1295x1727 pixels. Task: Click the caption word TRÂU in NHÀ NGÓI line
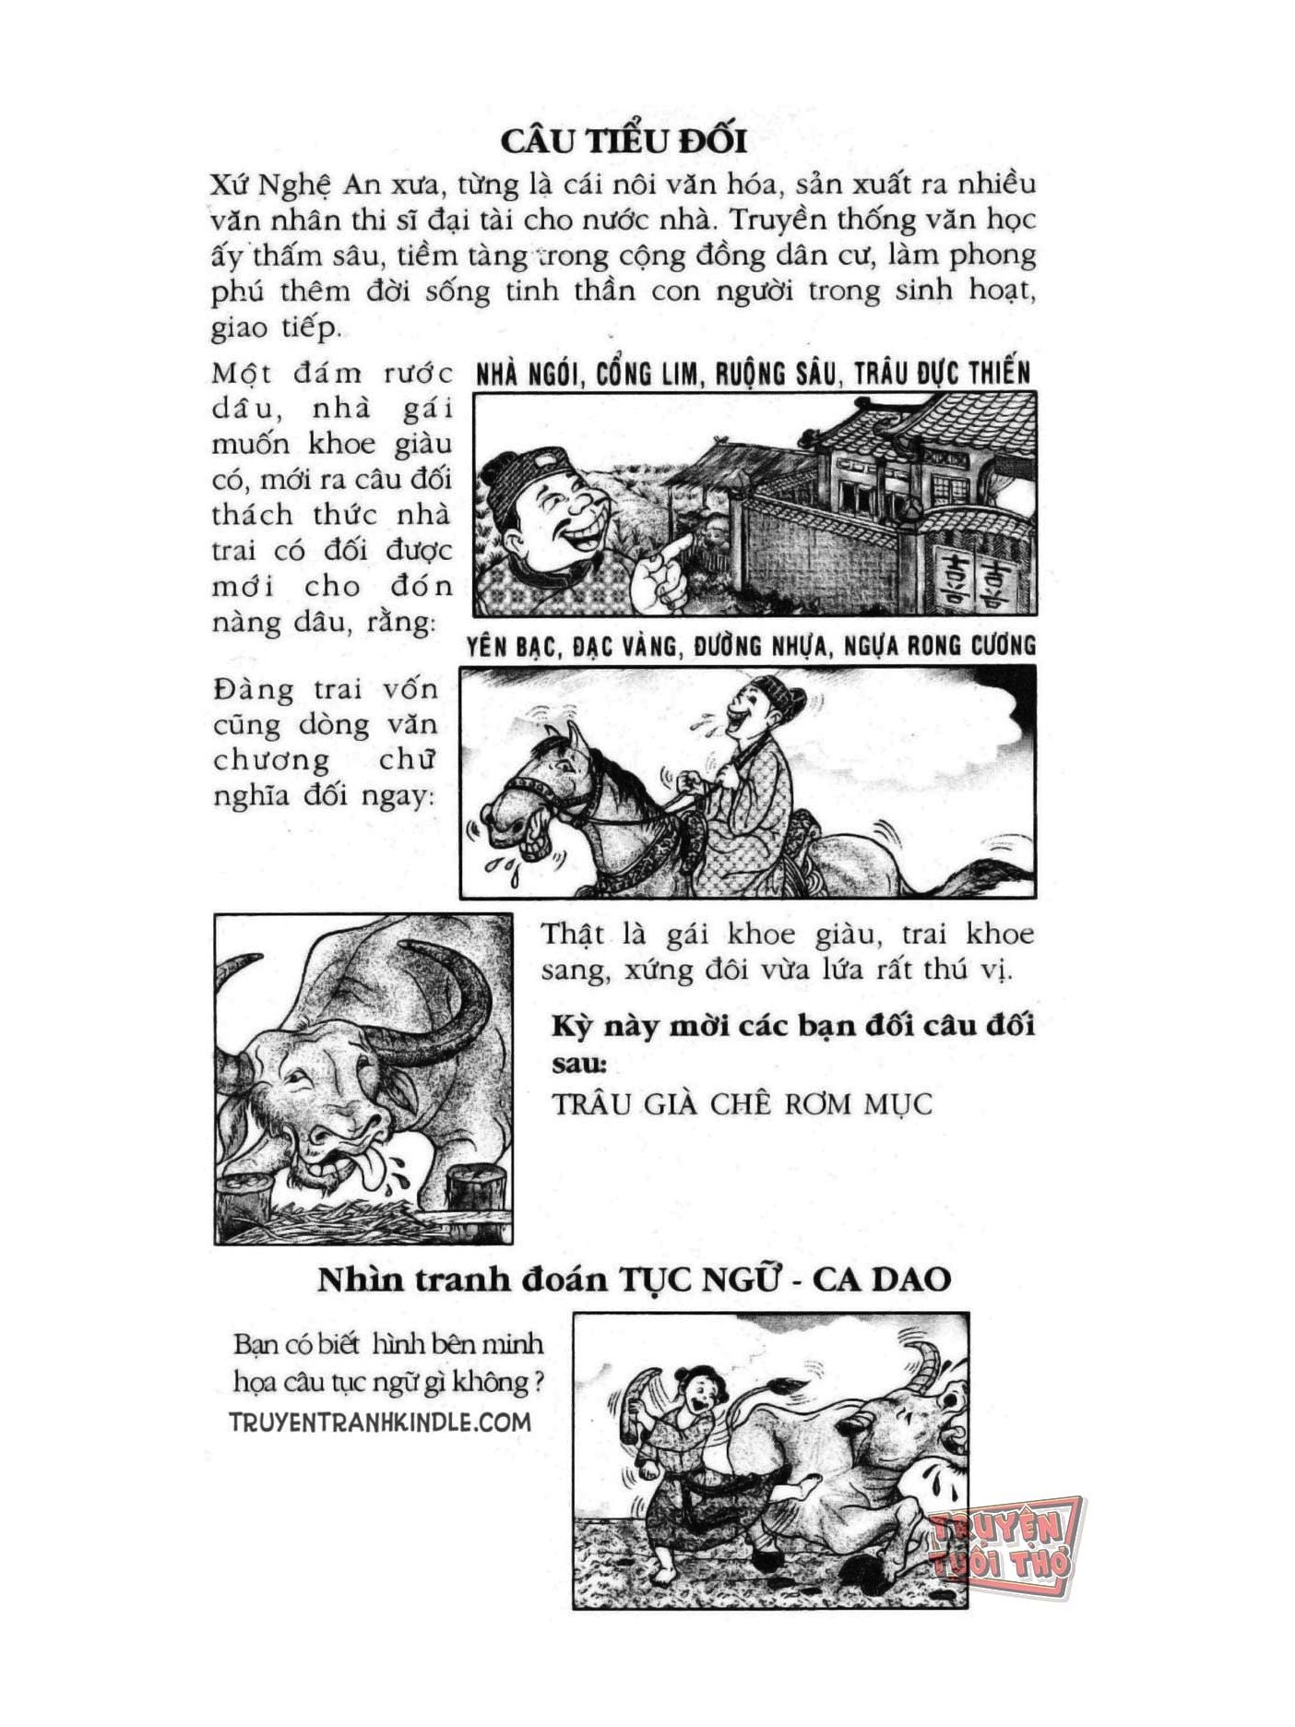pyautogui.click(x=887, y=373)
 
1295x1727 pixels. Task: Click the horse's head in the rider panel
pyautogui.click(x=535, y=793)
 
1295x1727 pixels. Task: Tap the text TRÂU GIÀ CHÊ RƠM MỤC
pyautogui.click(x=742, y=1104)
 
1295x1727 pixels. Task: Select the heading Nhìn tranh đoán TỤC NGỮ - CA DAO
pyautogui.click(x=635, y=1280)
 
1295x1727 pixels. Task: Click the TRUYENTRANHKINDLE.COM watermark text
pyautogui.click(x=380, y=1422)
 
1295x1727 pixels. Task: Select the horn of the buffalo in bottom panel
pyautogui.click(x=925, y=1369)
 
